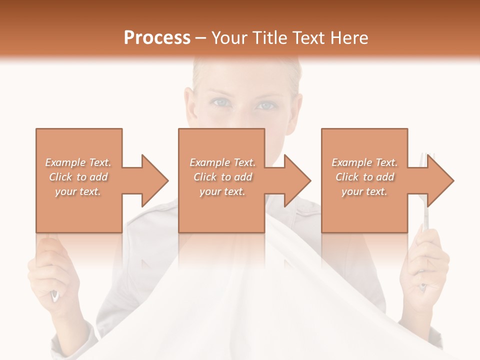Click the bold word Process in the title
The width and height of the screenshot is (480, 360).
157,38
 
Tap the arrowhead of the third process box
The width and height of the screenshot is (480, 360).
439,180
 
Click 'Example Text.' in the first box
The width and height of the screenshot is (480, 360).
78,162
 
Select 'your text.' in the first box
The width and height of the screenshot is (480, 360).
78,191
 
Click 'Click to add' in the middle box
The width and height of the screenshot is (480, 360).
222,177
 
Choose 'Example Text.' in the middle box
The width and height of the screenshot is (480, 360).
222,162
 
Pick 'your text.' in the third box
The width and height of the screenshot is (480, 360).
364,191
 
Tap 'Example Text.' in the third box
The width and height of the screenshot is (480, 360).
364,162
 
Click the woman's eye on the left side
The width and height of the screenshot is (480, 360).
220,102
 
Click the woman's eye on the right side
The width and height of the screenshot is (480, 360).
265,105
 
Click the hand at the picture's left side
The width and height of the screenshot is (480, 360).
50,270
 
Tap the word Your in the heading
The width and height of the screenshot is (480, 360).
229,38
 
